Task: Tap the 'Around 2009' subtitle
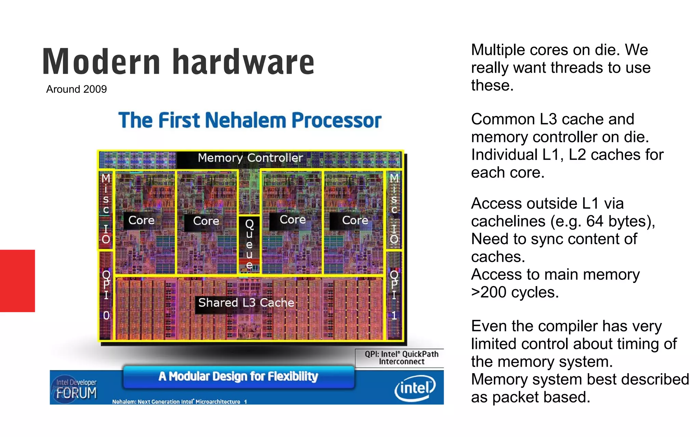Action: pos(77,89)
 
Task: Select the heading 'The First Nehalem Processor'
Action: pos(250,121)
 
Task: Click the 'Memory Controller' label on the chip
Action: pos(250,158)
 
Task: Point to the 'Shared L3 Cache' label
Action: pos(246,303)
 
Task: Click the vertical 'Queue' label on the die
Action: pos(249,244)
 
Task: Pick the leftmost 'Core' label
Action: pos(141,221)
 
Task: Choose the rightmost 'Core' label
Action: pos(355,221)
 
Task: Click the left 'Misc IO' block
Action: pos(106,209)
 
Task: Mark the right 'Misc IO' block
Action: pos(394,209)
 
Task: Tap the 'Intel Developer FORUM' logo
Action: pos(76,389)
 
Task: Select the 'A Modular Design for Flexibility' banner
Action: pos(238,377)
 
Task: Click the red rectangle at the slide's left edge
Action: pos(17,281)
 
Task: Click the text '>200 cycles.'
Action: pos(515,293)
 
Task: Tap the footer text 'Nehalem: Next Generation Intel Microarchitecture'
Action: pos(176,402)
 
